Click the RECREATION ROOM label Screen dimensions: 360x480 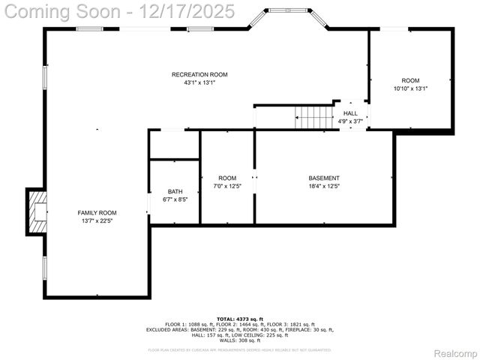pos(199,74)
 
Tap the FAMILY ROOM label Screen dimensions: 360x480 pos(97,212)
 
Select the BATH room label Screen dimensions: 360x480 pos(175,191)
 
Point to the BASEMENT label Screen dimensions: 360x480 pos(324,178)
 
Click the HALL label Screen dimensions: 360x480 pos(350,113)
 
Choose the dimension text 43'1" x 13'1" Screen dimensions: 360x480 pos(199,82)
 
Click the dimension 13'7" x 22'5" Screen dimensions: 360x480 pos(97,220)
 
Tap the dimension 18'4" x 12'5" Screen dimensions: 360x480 pos(324,186)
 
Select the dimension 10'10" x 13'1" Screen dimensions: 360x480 pos(410,88)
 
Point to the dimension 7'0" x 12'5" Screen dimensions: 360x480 pos(227,186)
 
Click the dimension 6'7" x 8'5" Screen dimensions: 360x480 pos(175,199)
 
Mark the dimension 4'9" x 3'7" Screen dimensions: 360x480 pos(350,121)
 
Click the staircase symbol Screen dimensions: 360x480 pos(313,117)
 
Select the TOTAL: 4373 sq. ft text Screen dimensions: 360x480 pos(240,319)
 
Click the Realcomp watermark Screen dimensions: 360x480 pos(455,353)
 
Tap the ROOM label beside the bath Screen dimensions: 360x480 pos(227,178)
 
